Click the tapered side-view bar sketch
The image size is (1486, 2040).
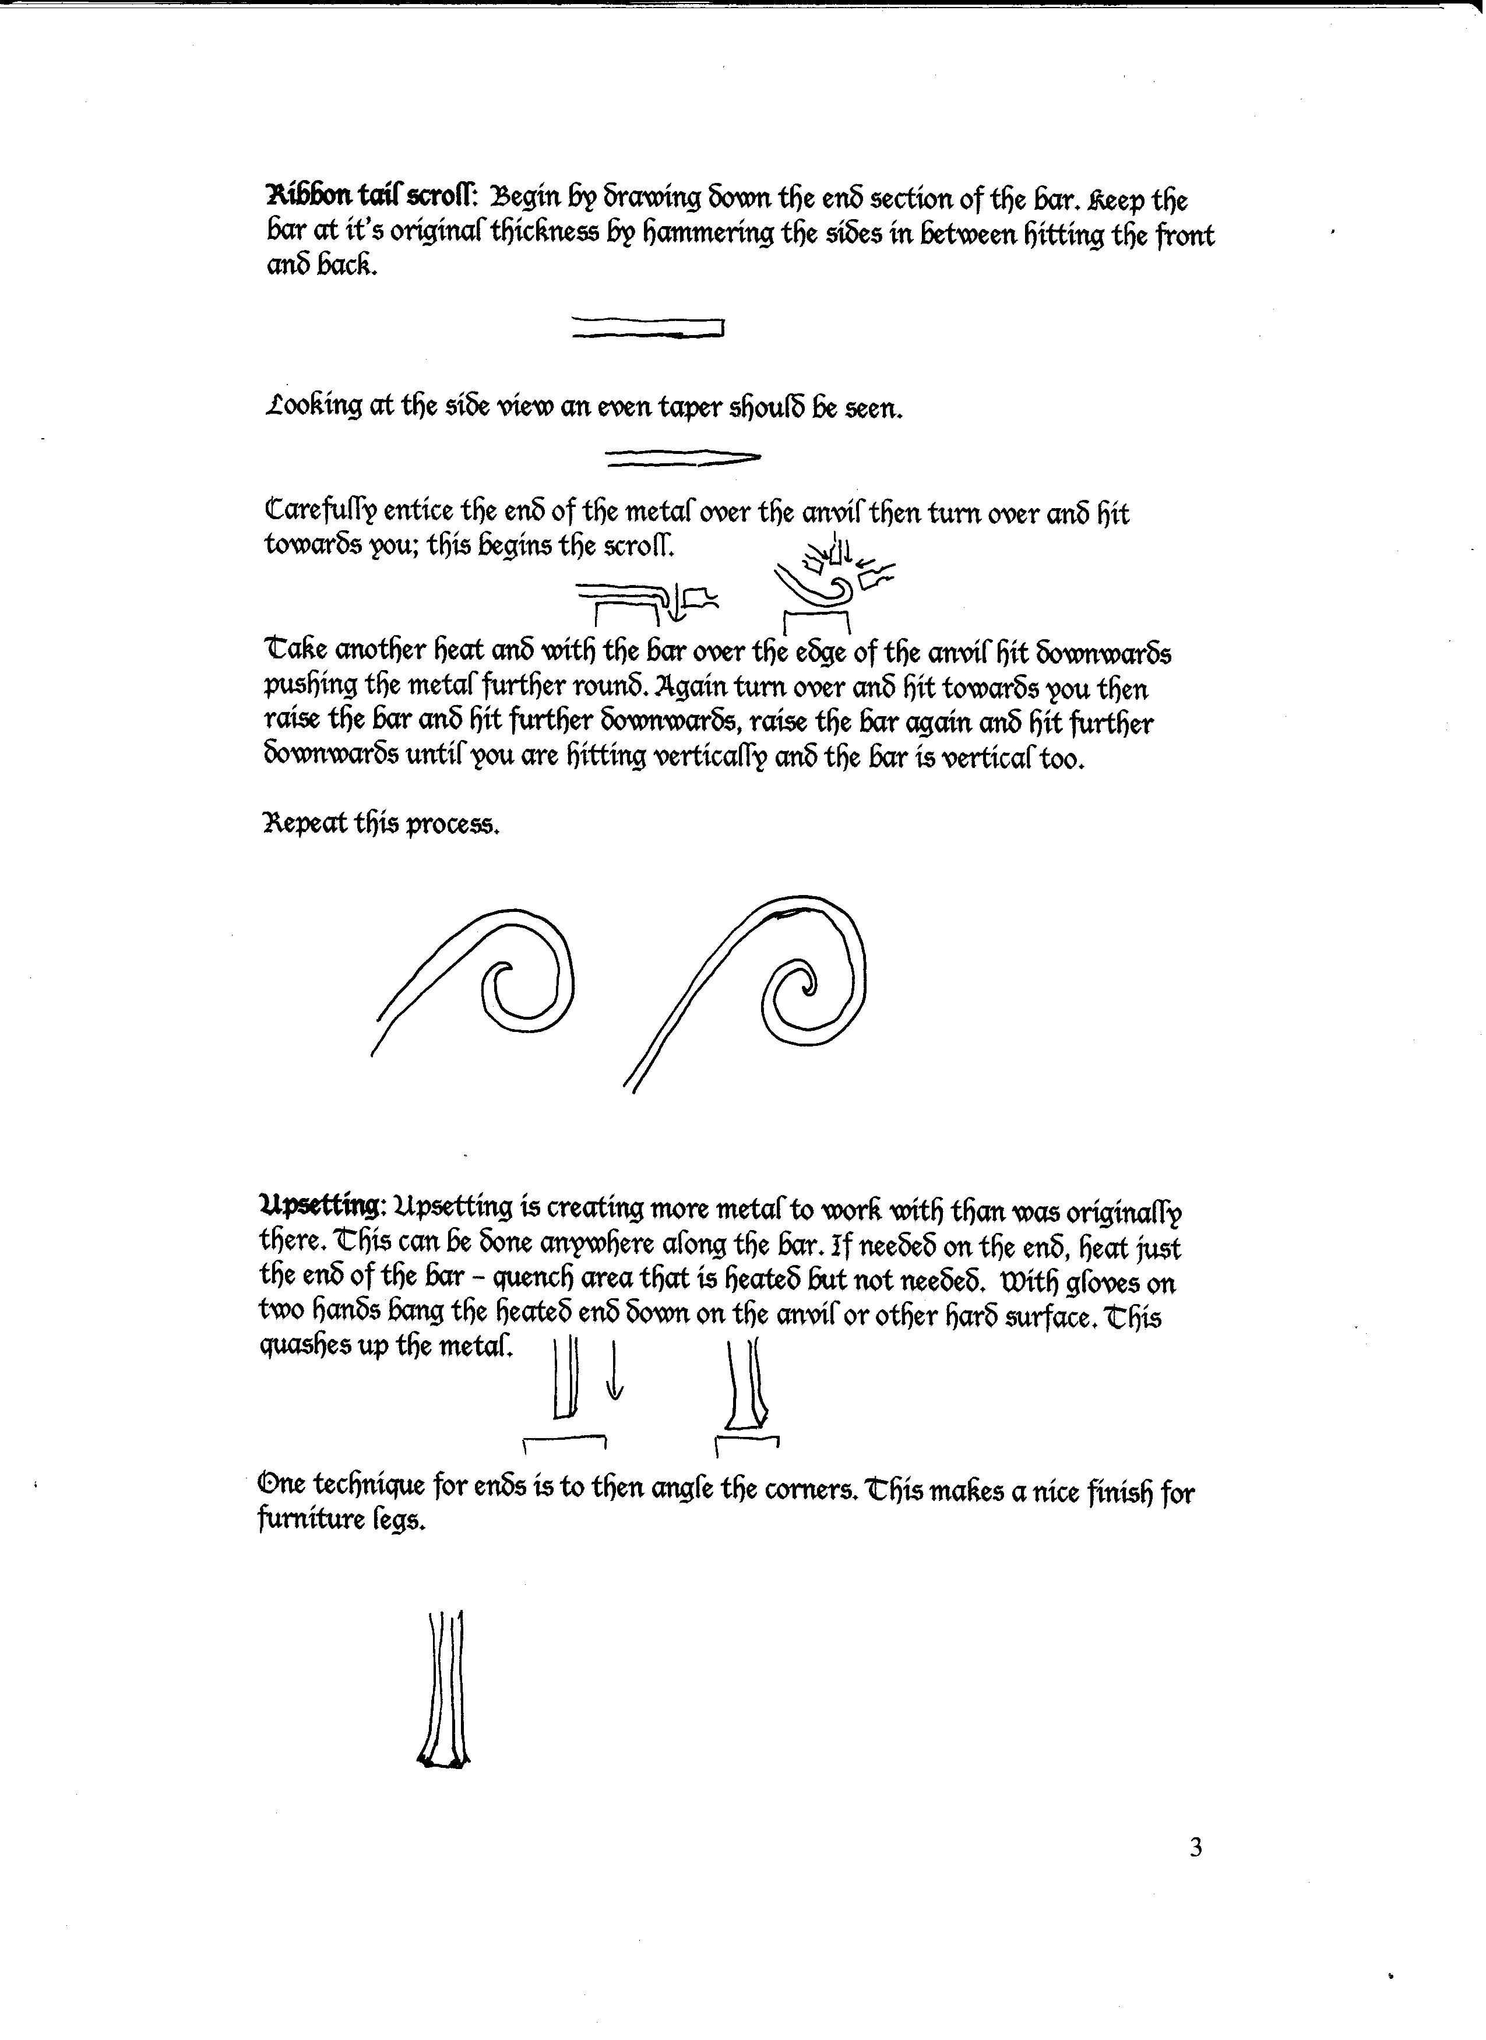coord(684,458)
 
